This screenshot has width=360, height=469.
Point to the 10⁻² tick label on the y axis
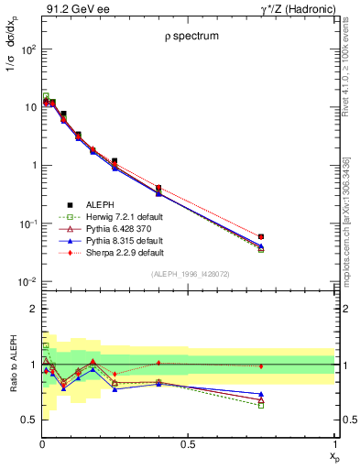pyautogui.click(x=27, y=282)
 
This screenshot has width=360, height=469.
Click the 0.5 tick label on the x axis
pyautogui.click(x=188, y=445)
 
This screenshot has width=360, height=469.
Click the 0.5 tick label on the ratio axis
pyautogui.click(x=28, y=420)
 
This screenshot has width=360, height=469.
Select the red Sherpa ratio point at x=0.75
pyautogui.click(x=261, y=366)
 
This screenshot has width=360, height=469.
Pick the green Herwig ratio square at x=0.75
pyautogui.click(x=261, y=405)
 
